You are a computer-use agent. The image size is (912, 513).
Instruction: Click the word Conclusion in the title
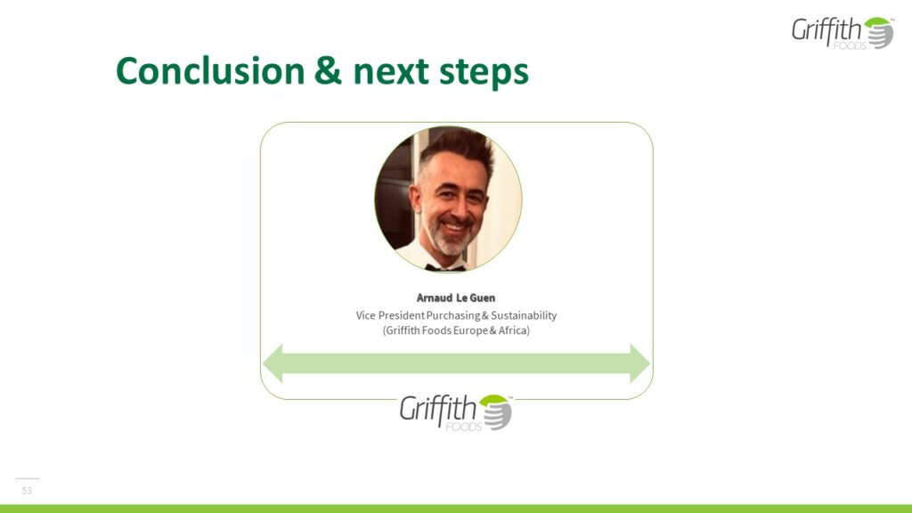pos(210,71)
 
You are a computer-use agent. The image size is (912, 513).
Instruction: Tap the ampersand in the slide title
pos(329,71)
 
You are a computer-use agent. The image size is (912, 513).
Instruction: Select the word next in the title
pos(391,72)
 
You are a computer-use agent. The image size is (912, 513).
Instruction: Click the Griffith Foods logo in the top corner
pos(843,33)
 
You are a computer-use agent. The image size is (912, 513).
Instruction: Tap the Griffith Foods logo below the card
pos(455,411)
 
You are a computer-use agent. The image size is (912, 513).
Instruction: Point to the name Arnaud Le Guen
pos(456,297)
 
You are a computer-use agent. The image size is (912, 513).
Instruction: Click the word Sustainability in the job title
pos(524,315)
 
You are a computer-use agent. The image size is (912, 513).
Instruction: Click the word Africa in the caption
pos(514,330)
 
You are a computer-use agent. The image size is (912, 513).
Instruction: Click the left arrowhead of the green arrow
pos(273,363)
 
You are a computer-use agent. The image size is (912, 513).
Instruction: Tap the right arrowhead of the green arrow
pos(639,363)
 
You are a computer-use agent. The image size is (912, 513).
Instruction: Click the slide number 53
pos(27,491)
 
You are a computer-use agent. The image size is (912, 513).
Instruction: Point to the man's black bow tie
pos(445,267)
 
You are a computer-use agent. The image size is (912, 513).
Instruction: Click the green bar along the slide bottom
pos(456,509)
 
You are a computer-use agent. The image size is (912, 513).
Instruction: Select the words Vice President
pos(390,315)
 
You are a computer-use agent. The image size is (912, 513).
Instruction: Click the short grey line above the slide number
pos(28,478)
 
